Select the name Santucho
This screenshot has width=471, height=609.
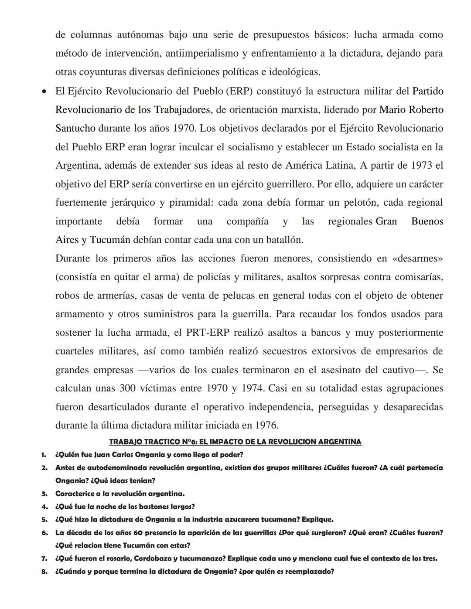pos(75,128)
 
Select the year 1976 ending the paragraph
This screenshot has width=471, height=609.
pos(266,425)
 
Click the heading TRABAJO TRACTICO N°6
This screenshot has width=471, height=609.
pos(235,442)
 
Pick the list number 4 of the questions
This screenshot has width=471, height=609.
pos(44,507)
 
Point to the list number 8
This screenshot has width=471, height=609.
pos(44,571)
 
